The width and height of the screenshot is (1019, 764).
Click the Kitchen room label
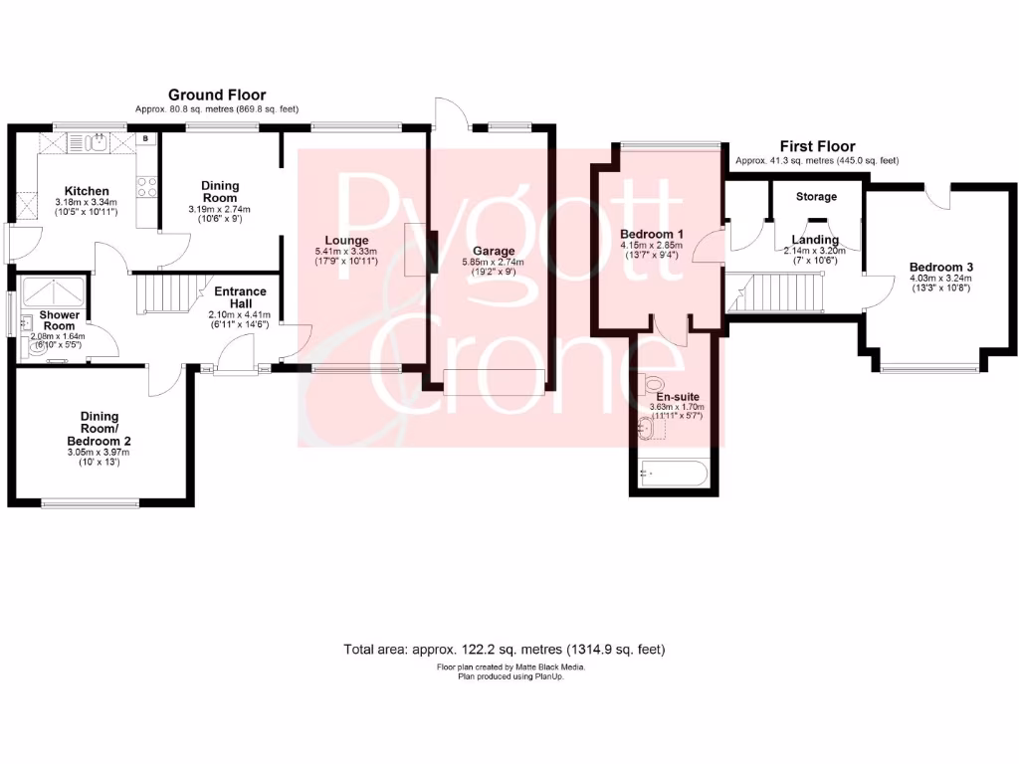click(x=87, y=191)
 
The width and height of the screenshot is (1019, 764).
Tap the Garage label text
click(x=494, y=251)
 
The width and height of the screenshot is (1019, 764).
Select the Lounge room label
click(x=345, y=240)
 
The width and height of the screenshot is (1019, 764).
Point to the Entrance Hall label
click(x=240, y=297)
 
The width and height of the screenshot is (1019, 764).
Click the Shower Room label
click(x=58, y=320)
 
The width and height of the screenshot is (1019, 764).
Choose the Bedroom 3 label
click(x=940, y=267)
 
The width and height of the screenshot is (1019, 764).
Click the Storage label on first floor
click(x=816, y=197)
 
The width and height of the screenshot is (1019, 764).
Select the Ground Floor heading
click(x=217, y=95)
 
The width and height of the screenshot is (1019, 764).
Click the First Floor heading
click(x=816, y=146)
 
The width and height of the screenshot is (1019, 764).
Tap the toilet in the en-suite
click(x=654, y=382)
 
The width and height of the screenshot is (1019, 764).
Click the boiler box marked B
click(x=145, y=139)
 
